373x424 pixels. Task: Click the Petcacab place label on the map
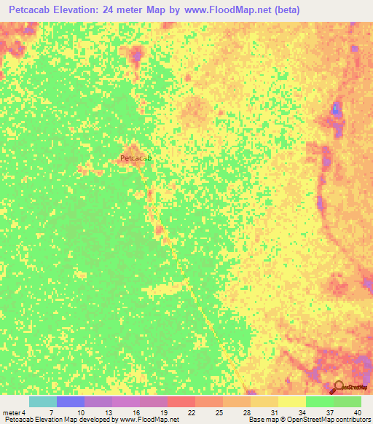point(136,157)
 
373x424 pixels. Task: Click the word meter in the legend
point(11,412)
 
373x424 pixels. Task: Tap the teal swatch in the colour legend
point(43,401)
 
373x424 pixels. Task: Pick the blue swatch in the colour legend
point(71,401)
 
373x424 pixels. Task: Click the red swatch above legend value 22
point(181,401)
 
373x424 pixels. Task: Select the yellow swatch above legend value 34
point(292,401)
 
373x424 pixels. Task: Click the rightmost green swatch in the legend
point(348,401)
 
